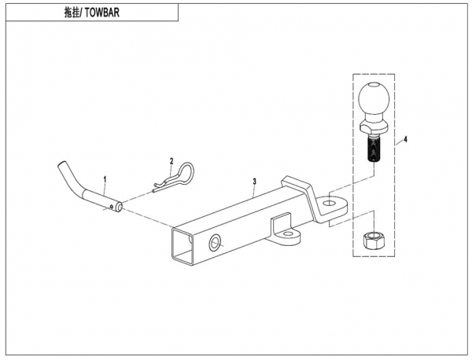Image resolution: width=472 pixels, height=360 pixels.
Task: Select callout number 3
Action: [254, 182]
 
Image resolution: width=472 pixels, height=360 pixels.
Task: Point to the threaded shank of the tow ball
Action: [373, 149]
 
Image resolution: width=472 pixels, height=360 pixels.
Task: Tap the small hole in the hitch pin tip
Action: [116, 208]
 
